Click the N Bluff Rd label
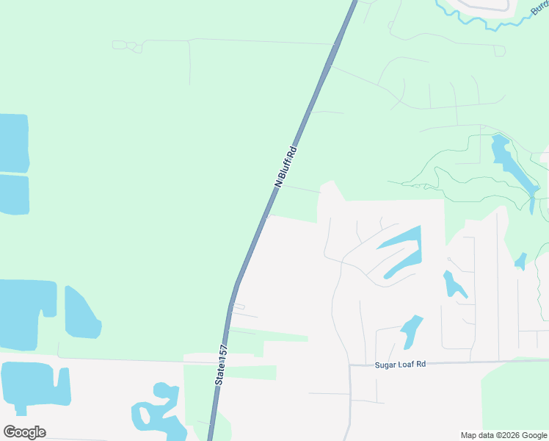[286, 168]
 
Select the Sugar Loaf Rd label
[400, 363]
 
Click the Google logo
[24, 432]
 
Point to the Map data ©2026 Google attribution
[504, 435]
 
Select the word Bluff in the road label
[288, 164]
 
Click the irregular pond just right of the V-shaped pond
[452, 284]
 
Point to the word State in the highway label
[219, 375]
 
